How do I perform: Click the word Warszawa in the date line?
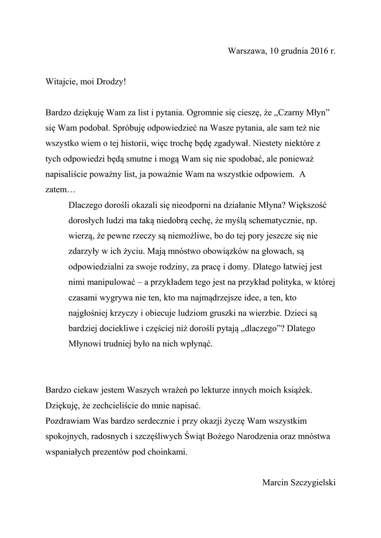pyautogui.click(x=247, y=51)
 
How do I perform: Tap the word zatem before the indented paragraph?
pyautogui.click(x=57, y=188)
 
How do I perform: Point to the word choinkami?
pyautogui.click(x=169, y=451)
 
